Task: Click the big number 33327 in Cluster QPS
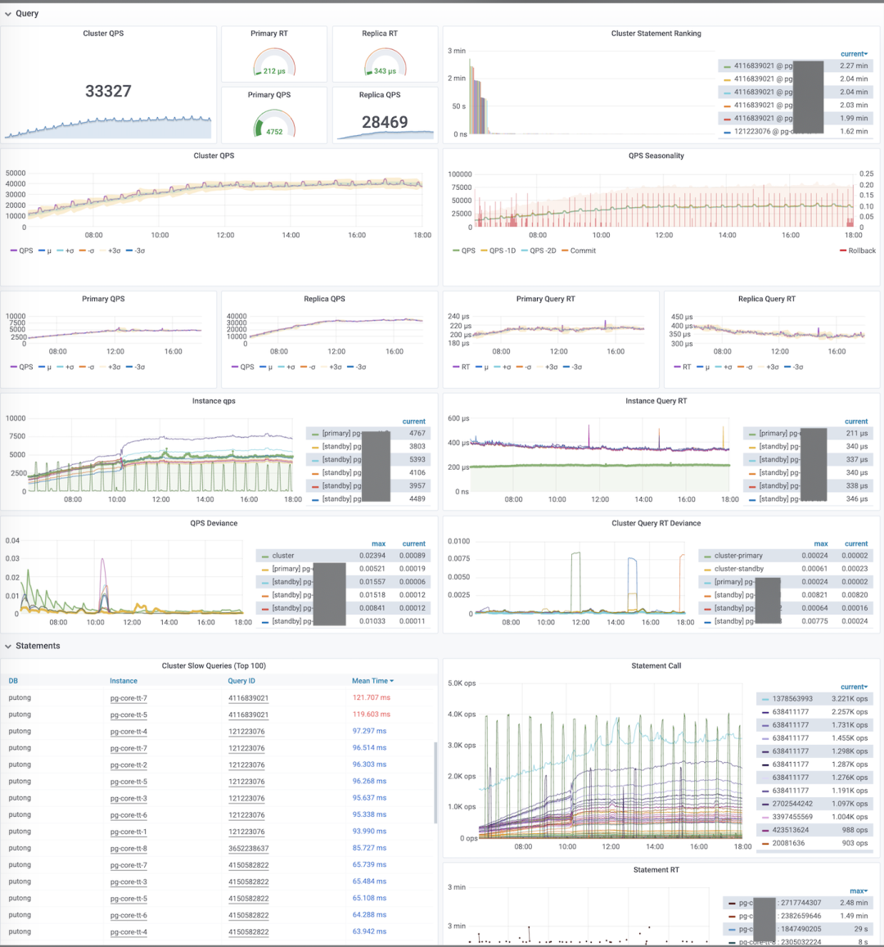click(108, 92)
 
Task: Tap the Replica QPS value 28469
click(385, 122)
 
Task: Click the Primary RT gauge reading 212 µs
click(274, 71)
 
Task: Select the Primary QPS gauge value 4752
click(274, 132)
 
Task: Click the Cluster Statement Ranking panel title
click(656, 34)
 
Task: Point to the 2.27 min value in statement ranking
click(854, 66)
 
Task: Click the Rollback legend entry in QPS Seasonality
click(862, 250)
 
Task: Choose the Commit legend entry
click(583, 250)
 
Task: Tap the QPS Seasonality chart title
click(656, 156)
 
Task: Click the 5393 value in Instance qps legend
click(417, 459)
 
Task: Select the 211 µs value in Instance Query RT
click(857, 433)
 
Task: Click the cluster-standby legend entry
click(738, 569)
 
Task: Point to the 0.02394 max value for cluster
click(372, 556)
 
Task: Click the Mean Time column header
click(370, 681)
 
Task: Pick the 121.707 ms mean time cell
click(372, 698)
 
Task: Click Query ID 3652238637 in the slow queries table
click(248, 849)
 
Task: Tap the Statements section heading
click(38, 646)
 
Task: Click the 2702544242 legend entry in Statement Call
click(792, 804)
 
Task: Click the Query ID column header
click(241, 681)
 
